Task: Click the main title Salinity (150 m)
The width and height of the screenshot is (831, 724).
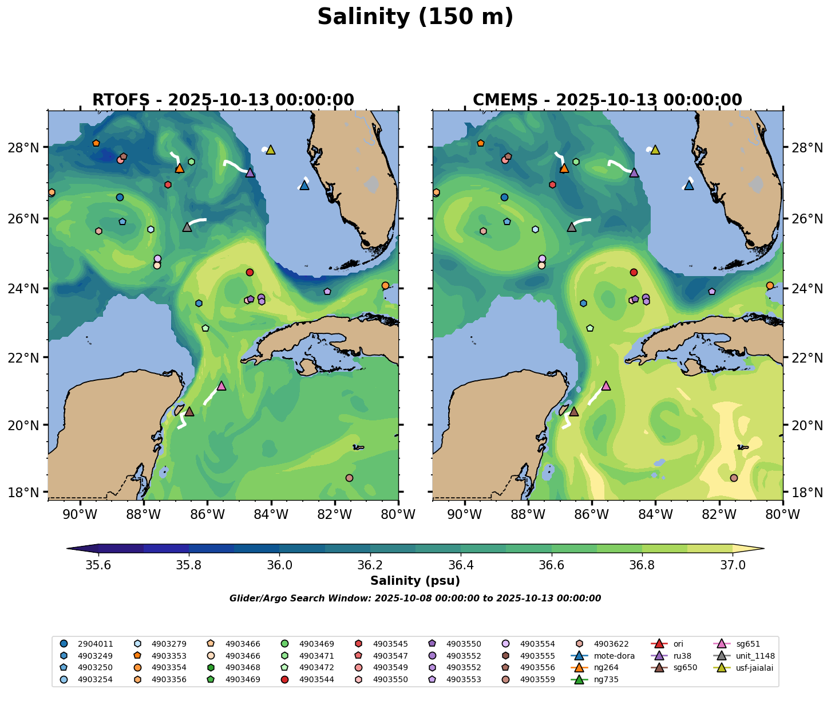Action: coord(415,17)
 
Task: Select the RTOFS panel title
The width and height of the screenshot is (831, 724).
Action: coord(223,100)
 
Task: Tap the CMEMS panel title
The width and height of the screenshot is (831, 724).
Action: coord(607,100)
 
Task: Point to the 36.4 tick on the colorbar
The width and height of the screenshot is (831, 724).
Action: coord(461,565)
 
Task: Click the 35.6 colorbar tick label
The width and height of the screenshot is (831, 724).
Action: coord(98,565)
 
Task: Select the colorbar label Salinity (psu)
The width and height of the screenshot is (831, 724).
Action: coord(415,581)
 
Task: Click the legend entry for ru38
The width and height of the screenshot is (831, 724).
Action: coord(679,655)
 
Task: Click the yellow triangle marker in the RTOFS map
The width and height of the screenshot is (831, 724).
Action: coord(271,150)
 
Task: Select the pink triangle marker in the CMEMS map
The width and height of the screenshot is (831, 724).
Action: coord(606,386)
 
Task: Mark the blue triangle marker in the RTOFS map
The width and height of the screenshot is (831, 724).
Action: coord(304,186)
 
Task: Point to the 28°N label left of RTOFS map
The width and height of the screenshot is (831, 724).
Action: coord(31,148)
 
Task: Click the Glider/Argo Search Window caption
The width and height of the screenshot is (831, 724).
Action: coord(415,599)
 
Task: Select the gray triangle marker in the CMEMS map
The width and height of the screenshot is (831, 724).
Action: coord(572,227)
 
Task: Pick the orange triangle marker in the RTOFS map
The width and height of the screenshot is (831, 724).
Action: coord(180,168)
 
